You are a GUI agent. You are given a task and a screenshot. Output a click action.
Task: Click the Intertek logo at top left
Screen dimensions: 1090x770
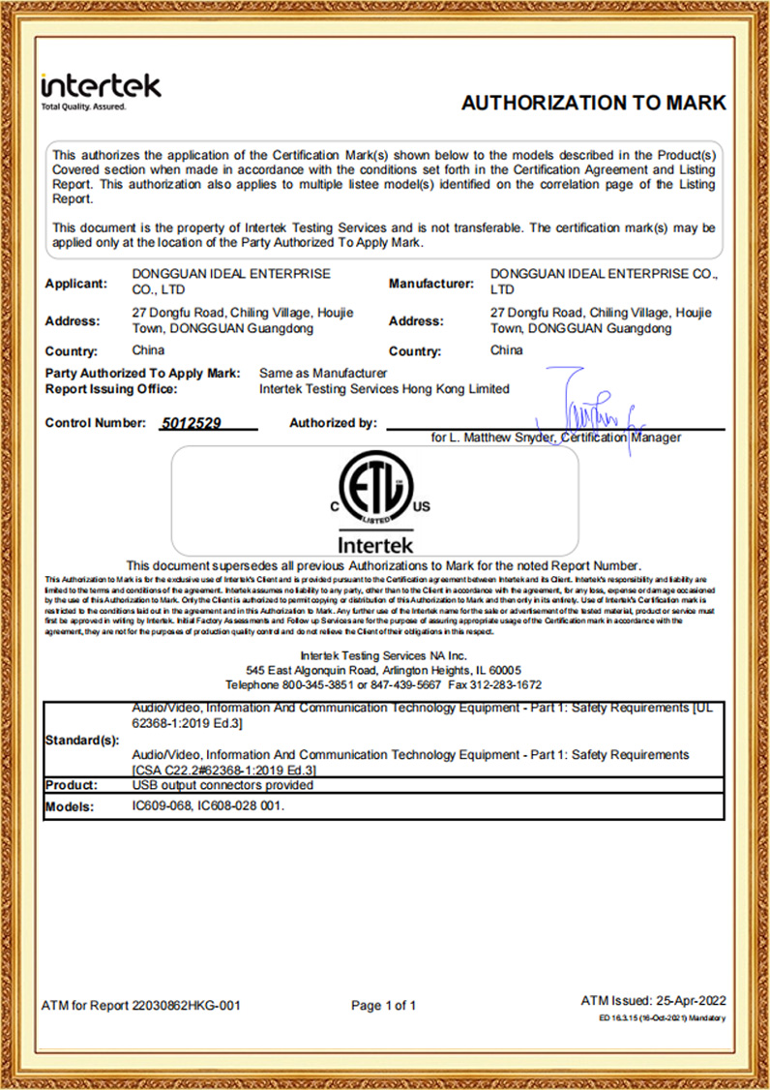(x=101, y=89)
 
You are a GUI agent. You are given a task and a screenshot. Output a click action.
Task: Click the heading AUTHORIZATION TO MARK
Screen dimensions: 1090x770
(x=593, y=104)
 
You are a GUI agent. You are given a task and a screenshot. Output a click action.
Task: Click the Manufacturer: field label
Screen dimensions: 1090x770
(x=430, y=284)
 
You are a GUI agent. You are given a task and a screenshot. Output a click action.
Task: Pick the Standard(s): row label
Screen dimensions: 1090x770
(x=82, y=741)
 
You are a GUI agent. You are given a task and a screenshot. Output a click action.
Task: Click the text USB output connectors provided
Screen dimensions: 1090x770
(x=222, y=785)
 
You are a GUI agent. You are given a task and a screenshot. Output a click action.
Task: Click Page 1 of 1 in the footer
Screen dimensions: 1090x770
(x=384, y=1006)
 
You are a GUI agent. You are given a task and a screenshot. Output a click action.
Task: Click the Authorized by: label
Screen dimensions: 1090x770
(x=333, y=423)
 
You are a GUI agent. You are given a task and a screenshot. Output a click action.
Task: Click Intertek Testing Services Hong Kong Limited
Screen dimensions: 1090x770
(x=384, y=389)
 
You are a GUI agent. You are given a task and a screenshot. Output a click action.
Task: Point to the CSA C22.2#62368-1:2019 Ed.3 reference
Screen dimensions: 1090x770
(x=225, y=769)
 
